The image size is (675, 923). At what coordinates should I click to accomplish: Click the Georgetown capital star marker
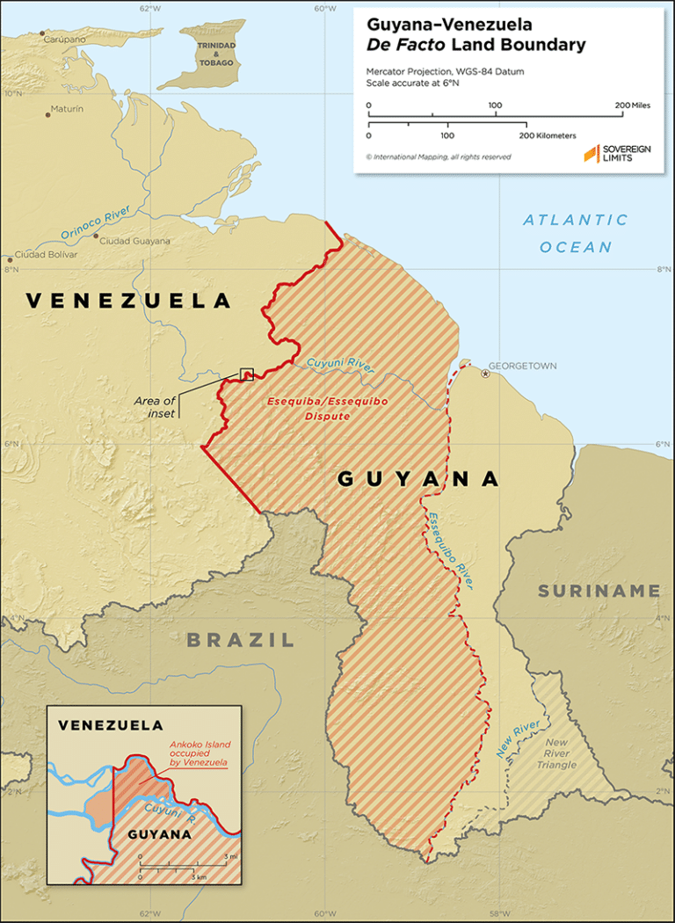tap(485, 374)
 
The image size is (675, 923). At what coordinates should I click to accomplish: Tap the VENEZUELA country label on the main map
tap(128, 302)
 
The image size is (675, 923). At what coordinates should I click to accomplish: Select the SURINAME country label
tap(599, 591)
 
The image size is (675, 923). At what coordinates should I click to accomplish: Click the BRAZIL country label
tap(240, 640)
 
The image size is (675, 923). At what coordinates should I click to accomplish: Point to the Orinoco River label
tap(96, 223)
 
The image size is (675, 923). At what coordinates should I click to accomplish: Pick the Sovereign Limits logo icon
tap(592, 155)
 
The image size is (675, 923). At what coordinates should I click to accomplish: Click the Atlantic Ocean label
tap(576, 233)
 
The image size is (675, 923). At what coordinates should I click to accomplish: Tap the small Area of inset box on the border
tap(247, 374)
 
